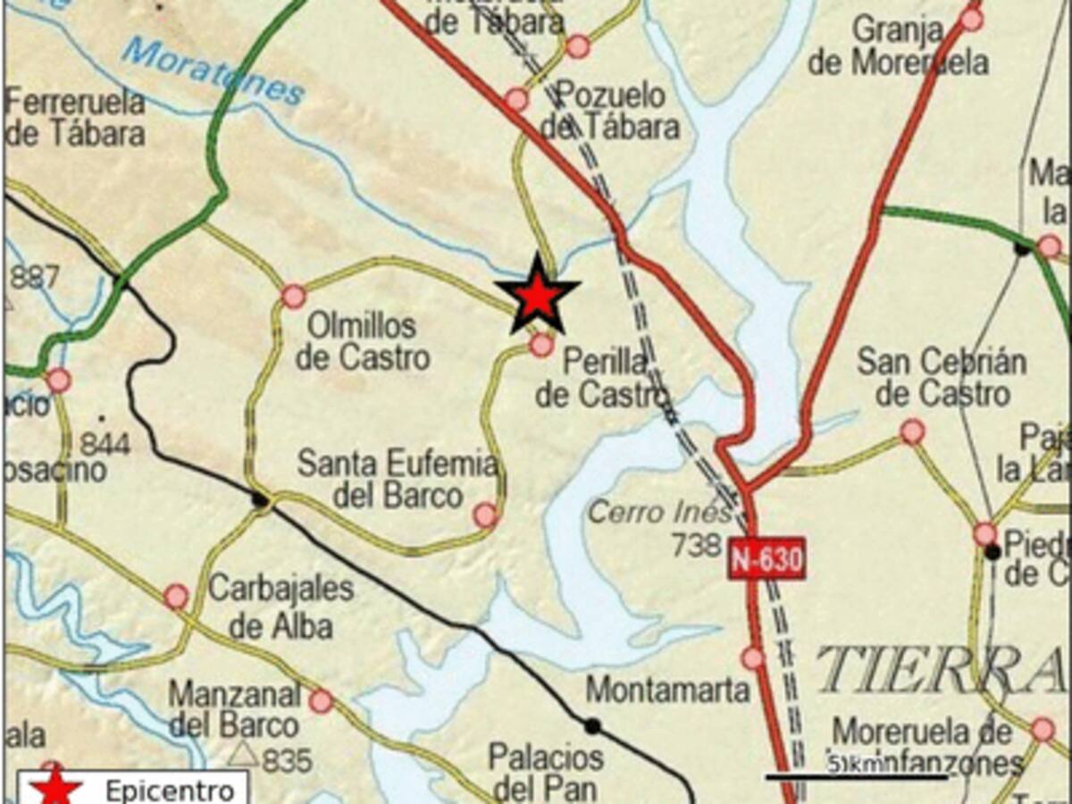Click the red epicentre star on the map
pyautogui.click(x=537, y=296)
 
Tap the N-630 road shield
pyautogui.click(x=766, y=559)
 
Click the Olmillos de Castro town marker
pyautogui.click(x=294, y=297)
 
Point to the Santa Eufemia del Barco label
pyautogui.click(x=398, y=480)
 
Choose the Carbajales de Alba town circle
pyautogui.click(x=177, y=597)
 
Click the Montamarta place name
pyautogui.click(x=666, y=690)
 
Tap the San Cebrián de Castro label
pyautogui.click(x=942, y=377)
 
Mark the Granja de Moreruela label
pyautogui.click(x=898, y=46)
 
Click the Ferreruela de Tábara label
pyautogui.click(x=75, y=117)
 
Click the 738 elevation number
pyautogui.click(x=695, y=544)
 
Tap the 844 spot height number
pyautogui.click(x=105, y=443)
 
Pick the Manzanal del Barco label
pyautogui.click(x=234, y=708)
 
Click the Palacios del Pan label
pyautogui.click(x=545, y=773)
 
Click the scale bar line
pyautogui.click(x=856, y=777)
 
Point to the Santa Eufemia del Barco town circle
pyautogui.click(x=485, y=515)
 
